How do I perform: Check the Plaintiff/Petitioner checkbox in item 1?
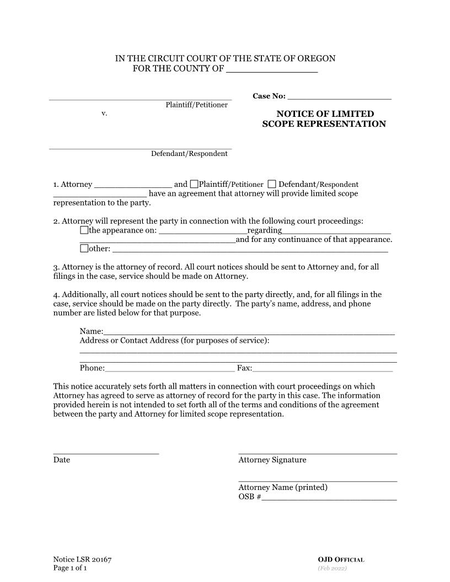194,184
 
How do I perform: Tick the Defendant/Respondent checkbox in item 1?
272,184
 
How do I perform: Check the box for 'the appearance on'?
84,230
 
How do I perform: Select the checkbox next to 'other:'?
84,249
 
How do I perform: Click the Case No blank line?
339,97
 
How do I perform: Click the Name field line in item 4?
248,332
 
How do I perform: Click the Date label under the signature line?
62,460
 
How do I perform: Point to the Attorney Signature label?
272,460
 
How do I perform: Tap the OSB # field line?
329,498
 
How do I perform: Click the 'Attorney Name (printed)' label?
283,487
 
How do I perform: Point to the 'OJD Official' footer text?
341,560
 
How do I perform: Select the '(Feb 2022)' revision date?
332,568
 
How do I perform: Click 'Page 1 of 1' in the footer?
70,568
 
